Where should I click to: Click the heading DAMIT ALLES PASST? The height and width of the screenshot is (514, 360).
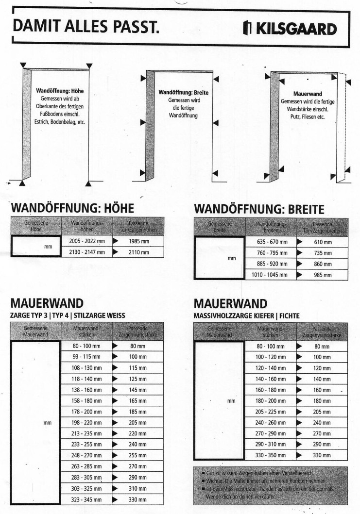tap(86, 29)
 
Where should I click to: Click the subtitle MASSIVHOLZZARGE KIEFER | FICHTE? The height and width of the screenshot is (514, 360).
tap(246, 315)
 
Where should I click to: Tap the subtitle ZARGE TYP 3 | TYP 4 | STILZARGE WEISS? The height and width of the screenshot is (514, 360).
tap(68, 315)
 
